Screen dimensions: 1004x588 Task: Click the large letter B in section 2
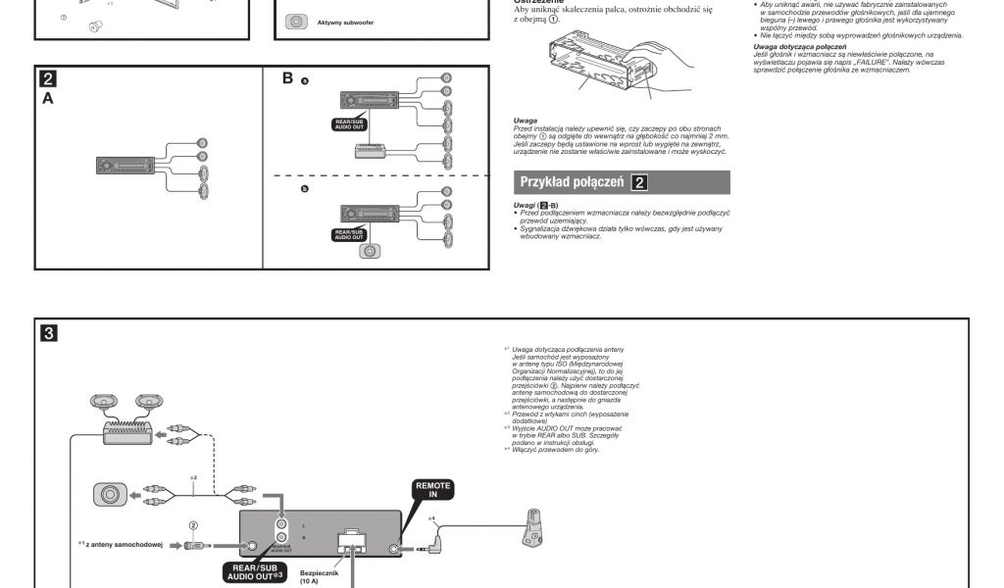pos(288,77)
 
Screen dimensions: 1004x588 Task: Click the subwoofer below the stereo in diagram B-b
pos(369,250)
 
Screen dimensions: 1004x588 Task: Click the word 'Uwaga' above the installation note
pos(525,119)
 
